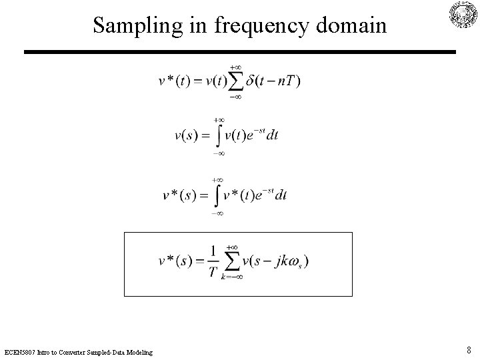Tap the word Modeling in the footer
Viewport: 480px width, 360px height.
point(137,351)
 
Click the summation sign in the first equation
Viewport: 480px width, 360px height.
point(235,82)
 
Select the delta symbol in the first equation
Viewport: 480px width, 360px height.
point(250,81)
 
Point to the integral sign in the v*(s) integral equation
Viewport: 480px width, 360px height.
point(218,195)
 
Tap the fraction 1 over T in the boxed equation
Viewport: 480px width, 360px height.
point(212,260)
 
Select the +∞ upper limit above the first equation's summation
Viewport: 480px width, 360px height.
point(235,67)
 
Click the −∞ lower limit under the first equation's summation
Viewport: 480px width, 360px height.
point(235,97)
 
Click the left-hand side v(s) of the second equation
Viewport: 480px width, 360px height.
point(187,136)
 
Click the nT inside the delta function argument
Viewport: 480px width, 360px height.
point(289,81)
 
